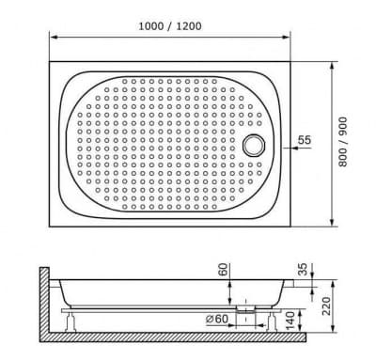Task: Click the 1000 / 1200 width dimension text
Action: pyautogui.click(x=174, y=26)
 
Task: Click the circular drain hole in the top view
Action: pyautogui.click(x=254, y=145)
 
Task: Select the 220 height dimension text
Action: pyautogui.click(x=325, y=306)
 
